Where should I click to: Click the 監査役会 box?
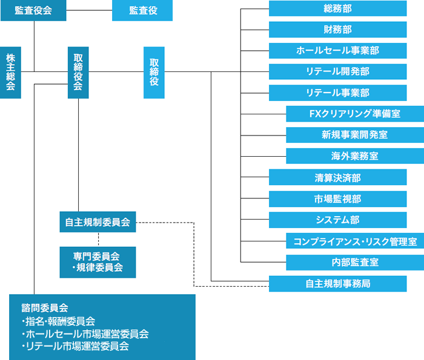pyautogui.click(x=33, y=10)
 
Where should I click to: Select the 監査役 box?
pyautogui.click(x=142, y=10)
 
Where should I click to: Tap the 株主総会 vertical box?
pyautogui.click(x=10, y=73)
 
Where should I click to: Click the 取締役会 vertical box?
pyautogui.click(x=78, y=73)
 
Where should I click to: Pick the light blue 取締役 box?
pyautogui.click(x=154, y=73)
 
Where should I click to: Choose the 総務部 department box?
pyautogui.click(x=338, y=8)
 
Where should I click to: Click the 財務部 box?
pyautogui.click(x=338, y=30)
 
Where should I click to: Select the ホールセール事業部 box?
pyautogui.click(x=338, y=50)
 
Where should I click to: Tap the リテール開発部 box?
pyautogui.click(x=338, y=71)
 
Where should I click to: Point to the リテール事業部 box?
pyautogui.click(x=338, y=93)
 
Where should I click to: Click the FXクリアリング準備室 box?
pyautogui.click(x=355, y=114)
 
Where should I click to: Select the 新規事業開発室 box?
pyautogui.click(x=355, y=135)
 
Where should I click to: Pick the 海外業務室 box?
pyautogui.click(x=355, y=156)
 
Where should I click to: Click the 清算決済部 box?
pyautogui.click(x=338, y=177)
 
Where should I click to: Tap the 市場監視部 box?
pyautogui.click(x=338, y=199)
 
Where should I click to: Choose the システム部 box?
pyautogui.click(x=338, y=220)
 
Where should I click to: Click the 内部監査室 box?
pyautogui.click(x=355, y=262)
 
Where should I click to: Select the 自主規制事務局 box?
pyautogui.click(x=338, y=284)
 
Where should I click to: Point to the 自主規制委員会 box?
pyautogui.click(x=98, y=221)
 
